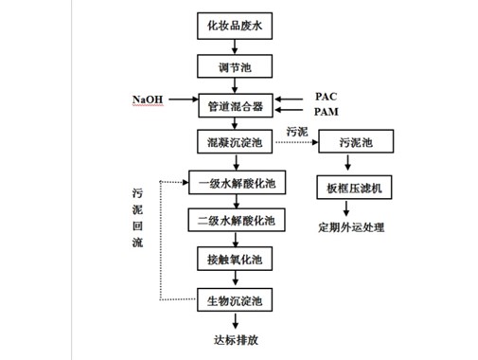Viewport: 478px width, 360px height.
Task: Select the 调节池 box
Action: [x=234, y=66]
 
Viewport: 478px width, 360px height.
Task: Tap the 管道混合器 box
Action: [x=234, y=104]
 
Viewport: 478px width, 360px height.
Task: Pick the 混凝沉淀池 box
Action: [x=234, y=142]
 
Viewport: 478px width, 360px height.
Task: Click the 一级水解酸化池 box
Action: [x=234, y=182]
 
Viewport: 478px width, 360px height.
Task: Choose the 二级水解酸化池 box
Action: [x=234, y=221]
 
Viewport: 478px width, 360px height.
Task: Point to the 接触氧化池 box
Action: [x=234, y=259]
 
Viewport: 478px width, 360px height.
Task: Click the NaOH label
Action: [x=147, y=99]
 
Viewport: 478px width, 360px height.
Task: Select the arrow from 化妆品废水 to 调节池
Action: [x=234, y=46]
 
